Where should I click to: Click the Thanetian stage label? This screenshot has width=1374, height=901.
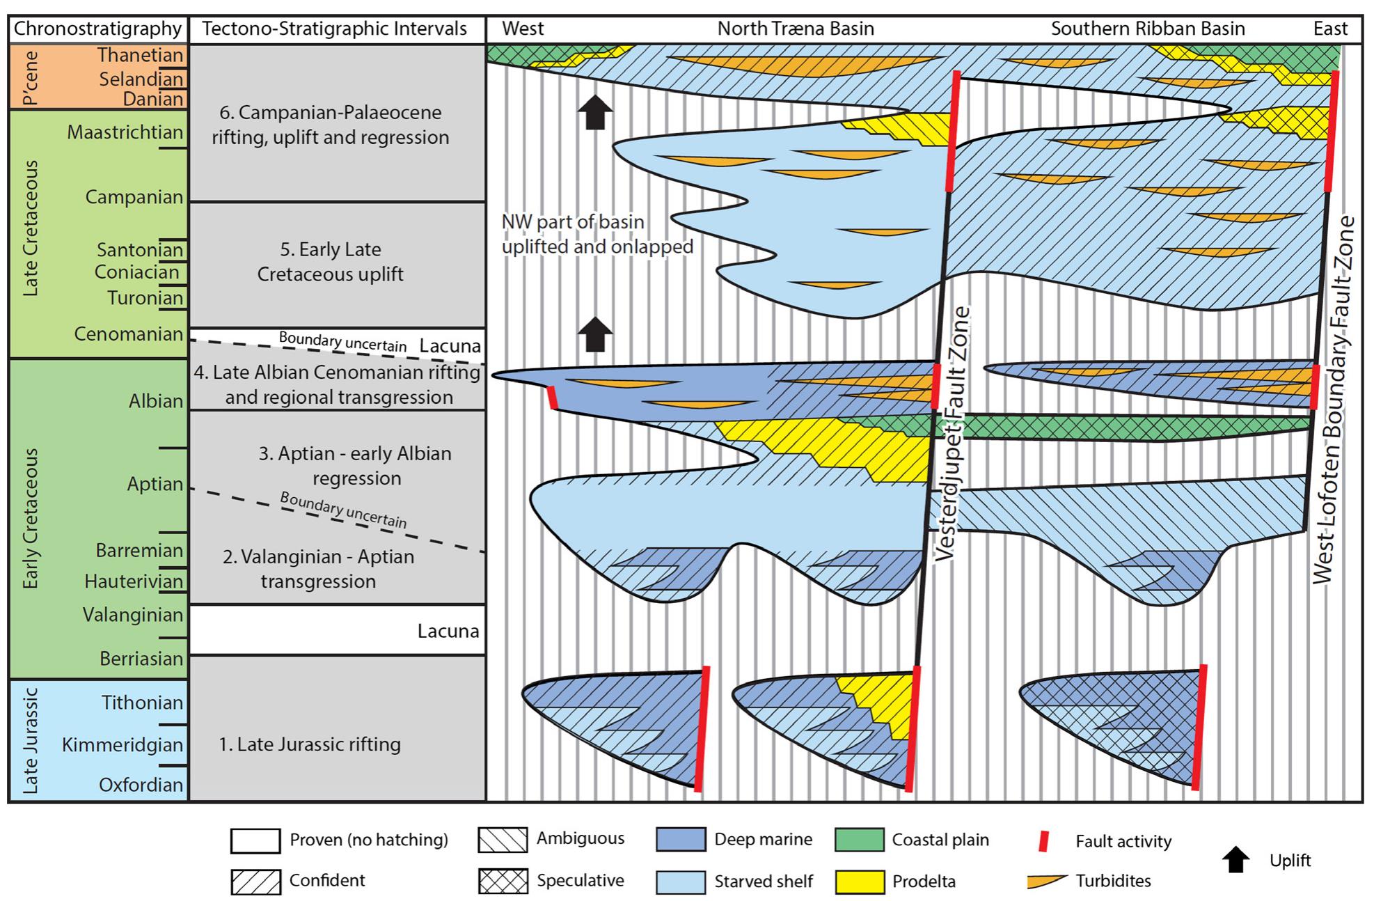139,55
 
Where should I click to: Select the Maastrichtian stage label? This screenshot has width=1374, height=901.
125,132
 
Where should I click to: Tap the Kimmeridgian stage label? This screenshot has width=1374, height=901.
122,745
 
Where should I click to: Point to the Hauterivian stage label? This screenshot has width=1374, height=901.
134,581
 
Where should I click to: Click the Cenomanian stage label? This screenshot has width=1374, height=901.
128,334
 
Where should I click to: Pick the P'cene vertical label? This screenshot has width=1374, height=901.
31,77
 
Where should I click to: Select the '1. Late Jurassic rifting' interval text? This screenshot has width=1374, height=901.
310,744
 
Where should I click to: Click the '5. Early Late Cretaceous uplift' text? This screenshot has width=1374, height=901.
330,262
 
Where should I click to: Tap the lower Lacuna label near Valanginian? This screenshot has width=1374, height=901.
448,632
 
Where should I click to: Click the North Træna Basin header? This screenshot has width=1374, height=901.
795,29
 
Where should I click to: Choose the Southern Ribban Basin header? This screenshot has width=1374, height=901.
1147,29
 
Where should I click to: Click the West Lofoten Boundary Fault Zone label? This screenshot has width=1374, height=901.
1332,400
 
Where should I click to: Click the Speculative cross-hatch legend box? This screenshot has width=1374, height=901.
502,882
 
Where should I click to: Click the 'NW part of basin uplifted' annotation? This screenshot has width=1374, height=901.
597,234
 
